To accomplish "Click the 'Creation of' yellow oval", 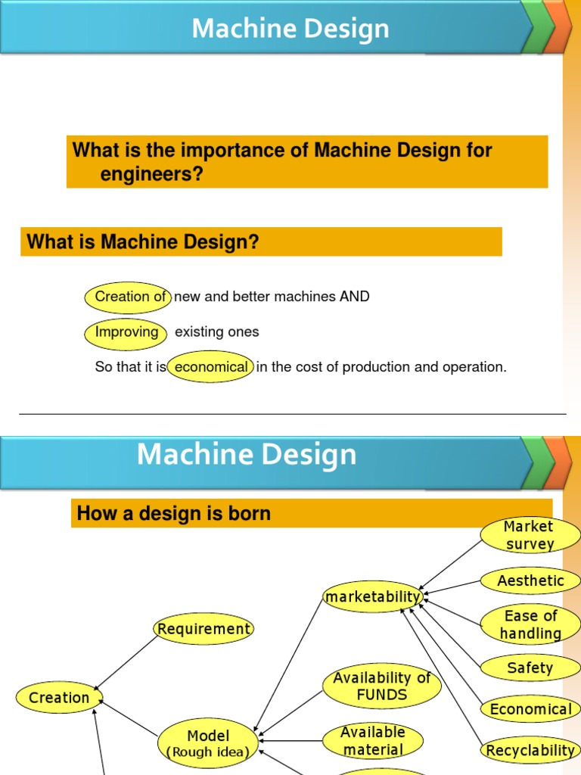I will point(129,297).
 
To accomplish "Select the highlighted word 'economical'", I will point(210,367).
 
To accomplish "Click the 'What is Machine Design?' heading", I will point(143,242).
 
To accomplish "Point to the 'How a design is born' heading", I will point(174,514).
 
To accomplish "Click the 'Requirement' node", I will point(204,629).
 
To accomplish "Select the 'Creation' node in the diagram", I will point(59,698).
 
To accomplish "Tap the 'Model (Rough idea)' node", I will point(208,742).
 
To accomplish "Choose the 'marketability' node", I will point(372,597).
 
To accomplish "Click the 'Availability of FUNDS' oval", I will point(381,686).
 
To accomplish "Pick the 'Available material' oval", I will point(372,741).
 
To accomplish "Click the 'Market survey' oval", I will point(530,535).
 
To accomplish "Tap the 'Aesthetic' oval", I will point(530,581).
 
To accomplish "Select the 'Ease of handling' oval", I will point(530,624).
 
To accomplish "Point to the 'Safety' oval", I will point(530,668).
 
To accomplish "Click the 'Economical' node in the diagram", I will point(530,709).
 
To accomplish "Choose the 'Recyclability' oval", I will point(530,750).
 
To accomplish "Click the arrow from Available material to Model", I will point(290,741).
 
